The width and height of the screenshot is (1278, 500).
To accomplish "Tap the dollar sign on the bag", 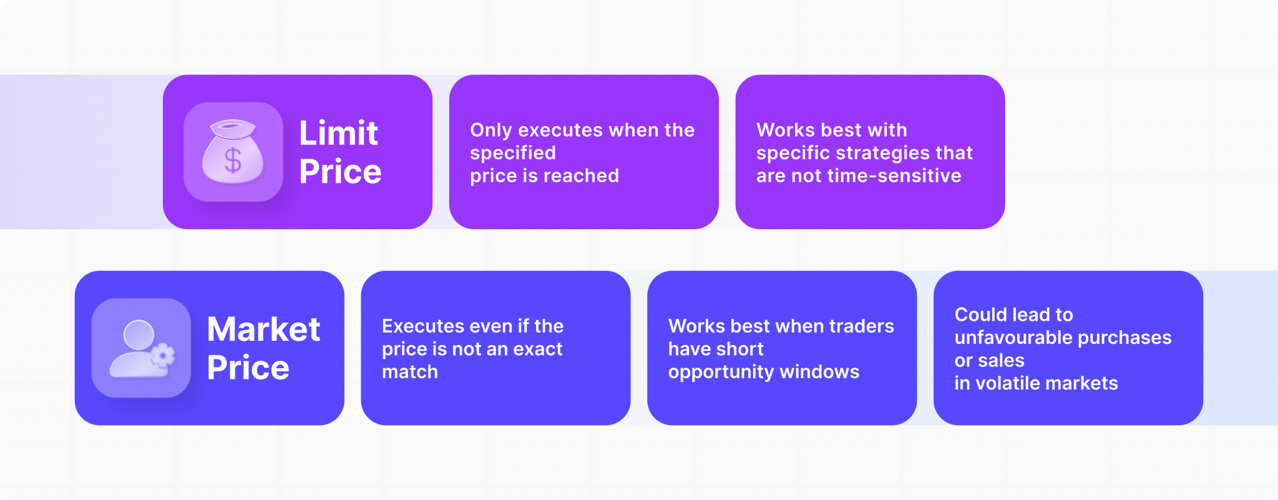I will [233, 160].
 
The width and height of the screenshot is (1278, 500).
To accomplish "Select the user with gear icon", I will [141, 348].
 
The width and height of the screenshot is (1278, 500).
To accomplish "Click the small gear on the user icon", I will [163, 356].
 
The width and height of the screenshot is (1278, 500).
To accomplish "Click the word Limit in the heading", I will [338, 133].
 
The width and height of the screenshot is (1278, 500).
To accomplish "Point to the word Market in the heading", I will [263, 329].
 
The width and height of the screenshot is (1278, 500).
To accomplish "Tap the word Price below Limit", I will [340, 172].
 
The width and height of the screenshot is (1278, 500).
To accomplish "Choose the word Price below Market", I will [248, 368].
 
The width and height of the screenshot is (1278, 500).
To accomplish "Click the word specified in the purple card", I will [513, 153].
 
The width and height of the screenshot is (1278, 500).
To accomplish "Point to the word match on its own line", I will [410, 372].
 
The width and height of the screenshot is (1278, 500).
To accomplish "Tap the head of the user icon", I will [139, 334].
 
